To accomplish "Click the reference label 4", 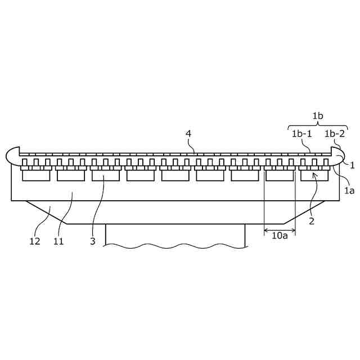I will pos(189,133).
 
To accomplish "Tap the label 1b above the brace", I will pos(318,116).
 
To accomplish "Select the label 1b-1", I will pos(301,133).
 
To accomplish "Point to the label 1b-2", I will pos(335,133).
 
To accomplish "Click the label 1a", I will pos(349,191).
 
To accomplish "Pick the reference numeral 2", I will pos(311,221).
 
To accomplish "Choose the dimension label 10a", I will pos(280,236).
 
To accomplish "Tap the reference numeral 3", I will pos(93,241).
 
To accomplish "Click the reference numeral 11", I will pos(58,241).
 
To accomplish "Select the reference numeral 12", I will pos(35,241).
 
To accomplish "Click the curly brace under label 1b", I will pos(318,124).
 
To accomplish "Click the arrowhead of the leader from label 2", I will pos(316,175).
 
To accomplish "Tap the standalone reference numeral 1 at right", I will pos(352,165).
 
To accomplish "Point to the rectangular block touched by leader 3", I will pos(106,175).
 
